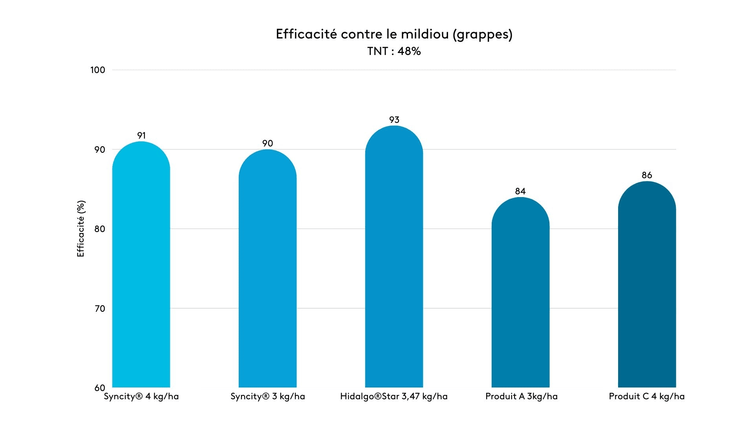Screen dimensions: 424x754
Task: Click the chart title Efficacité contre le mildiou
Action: (x=394, y=35)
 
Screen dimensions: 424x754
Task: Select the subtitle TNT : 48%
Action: (x=394, y=51)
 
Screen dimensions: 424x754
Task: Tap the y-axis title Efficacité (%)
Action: (x=81, y=229)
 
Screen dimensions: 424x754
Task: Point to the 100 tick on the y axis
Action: (x=98, y=70)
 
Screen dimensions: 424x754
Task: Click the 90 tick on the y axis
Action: (x=100, y=150)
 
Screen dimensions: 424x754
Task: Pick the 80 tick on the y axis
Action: (x=100, y=229)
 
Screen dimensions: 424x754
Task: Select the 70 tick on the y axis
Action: (x=100, y=309)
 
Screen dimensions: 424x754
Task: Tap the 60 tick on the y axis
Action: (x=100, y=388)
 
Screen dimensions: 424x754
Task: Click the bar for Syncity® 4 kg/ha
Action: (x=141, y=267)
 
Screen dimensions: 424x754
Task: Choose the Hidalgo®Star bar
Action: (x=394, y=259)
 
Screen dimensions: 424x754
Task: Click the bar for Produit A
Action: (x=520, y=294)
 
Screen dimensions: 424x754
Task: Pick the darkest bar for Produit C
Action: (x=647, y=287)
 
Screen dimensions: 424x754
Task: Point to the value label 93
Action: (x=394, y=120)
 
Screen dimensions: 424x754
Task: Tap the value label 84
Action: (x=520, y=191)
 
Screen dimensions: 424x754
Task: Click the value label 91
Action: (x=141, y=135)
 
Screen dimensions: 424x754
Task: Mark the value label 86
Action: (x=647, y=175)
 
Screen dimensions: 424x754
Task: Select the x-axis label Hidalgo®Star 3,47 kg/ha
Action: (x=394, y=397)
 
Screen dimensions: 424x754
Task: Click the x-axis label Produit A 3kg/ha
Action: (x=521, y=397)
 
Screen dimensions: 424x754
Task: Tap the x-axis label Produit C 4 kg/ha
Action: (x=646, y=397)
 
